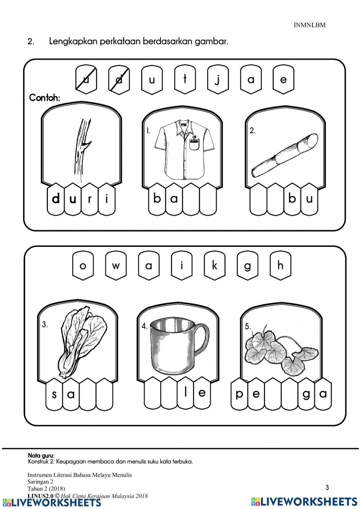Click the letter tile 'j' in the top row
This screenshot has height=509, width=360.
217,79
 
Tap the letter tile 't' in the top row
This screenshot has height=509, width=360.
185,79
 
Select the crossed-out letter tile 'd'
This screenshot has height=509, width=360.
119,79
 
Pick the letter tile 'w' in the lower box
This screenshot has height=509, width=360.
116,265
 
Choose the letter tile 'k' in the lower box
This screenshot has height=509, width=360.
215,265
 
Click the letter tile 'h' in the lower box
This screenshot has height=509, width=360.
280,265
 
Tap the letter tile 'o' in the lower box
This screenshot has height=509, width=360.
83,265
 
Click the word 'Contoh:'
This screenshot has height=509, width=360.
45,98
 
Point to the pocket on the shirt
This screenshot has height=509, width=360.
194,145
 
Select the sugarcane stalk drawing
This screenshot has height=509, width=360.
285,155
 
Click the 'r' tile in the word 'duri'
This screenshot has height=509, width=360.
90,199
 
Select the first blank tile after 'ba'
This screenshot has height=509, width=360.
191,199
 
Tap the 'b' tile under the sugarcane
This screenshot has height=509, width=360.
292,199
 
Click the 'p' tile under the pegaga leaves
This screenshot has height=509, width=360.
239,394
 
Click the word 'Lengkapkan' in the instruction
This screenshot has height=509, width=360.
73,42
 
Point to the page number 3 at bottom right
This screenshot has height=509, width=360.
327,487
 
